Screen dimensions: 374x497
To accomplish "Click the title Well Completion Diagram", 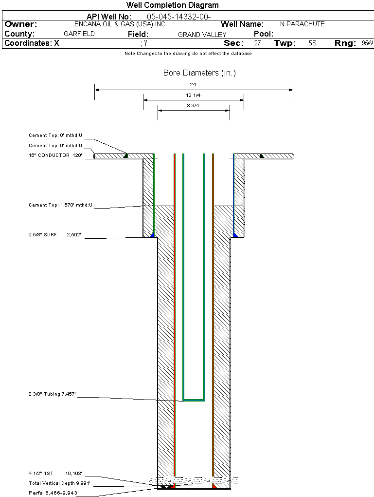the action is (173, 5).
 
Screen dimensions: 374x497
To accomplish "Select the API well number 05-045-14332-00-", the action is (179, 17).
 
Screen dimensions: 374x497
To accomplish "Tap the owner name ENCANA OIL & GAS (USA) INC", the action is (120, 24).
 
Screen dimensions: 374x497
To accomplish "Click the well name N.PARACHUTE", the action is (302, 24).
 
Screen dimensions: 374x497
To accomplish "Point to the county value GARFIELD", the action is (79, 34).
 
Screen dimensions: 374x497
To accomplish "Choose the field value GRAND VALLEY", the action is (202, 35).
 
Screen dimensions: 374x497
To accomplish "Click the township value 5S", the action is (312, 43).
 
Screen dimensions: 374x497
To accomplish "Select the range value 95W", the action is (367, 43).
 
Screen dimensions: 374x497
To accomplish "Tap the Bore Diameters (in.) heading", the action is (200, 73).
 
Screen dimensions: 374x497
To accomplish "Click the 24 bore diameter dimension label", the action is (193, 85).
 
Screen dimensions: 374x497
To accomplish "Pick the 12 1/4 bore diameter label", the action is (193, 95).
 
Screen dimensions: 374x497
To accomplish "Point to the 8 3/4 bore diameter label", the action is (193, 106).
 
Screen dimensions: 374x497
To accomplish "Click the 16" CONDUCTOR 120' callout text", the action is (55, 155).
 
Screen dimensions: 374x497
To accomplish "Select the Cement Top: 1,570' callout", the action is (60, 205).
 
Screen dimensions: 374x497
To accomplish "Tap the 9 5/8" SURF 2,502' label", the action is (55, 235).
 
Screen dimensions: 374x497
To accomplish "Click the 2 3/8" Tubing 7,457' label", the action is (52, 394).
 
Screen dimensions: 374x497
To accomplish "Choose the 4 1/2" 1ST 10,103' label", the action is (55, 474).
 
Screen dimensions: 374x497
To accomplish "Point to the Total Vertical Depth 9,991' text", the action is (59, 483).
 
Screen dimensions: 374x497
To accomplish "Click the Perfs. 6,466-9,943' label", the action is (54, 493).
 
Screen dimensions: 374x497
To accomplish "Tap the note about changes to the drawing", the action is (188, 54).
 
